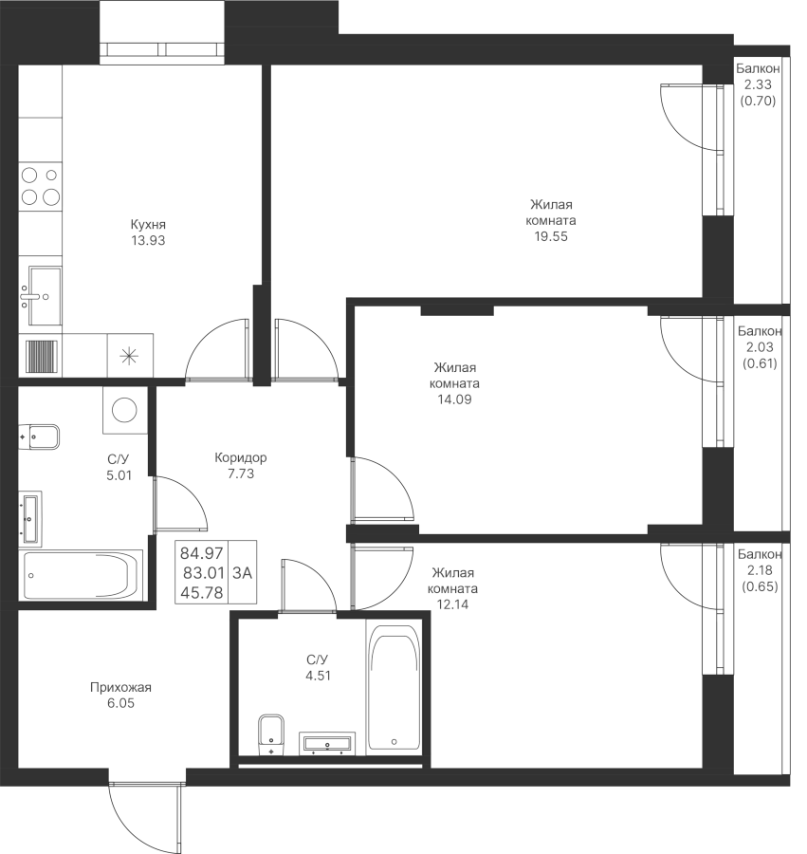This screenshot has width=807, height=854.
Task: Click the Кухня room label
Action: click(148, 224)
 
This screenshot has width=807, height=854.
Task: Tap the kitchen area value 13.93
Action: click(148, 240)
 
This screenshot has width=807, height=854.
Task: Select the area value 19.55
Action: click(551, 236)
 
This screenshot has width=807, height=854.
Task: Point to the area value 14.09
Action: click(454, 399)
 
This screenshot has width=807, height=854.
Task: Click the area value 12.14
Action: click(452, 604)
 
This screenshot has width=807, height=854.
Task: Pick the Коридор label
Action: click(241, 457)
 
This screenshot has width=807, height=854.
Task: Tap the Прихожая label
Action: click(120, 687)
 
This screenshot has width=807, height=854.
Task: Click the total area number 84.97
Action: click(202, 553)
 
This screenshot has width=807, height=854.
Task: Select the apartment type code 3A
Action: click(242, 572)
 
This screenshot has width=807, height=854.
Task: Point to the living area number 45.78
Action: click(202, 592)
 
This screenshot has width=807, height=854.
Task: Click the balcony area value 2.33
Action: click(758, 84)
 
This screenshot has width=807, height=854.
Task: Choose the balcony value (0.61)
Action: click(760, 363)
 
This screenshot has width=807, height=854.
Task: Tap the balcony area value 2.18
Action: click(760, 570)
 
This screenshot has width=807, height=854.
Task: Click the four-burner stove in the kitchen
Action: click(40, 186)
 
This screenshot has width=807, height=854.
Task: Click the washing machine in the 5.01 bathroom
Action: click(124, 411)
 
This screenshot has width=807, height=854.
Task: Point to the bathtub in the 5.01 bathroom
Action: click(82, 576)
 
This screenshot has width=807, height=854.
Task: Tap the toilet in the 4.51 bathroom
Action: click(271, 734)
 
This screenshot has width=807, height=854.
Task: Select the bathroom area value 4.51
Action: click(318, 676)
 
